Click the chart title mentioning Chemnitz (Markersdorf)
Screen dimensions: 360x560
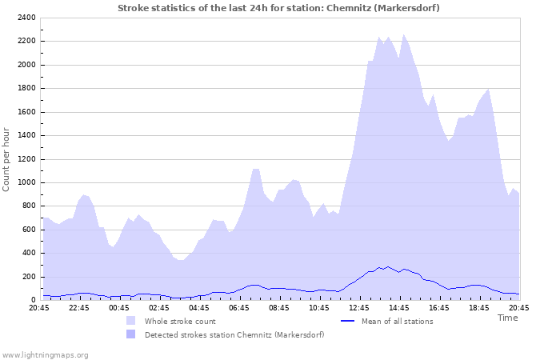pyautogui.click(x=278, y=7)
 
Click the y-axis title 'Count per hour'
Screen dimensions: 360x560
pyautogui.click(x=7, y=158)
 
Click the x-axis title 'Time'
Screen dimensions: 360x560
pyautogui.click(x=507, y=318)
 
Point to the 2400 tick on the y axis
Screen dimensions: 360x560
pyautogui.click(x=26, y=18)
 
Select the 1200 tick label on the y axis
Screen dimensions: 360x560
pyautogui.click(x=26, y=159)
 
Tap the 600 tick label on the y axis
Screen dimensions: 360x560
pyautogui.click(x=28, y=230)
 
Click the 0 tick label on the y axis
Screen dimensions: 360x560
pyautogui.click(x=33, y=300)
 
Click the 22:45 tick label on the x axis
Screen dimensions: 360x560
pyautogui.click(x=78, y=308)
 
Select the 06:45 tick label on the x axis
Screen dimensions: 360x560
pyautogui.click(x=238, y=308)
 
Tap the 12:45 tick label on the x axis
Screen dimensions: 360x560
pyautogui.click(x=358, y=308)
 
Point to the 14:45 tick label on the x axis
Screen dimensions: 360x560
pyautogui.click(x=398, y=308)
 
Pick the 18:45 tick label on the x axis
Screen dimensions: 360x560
pyautogui.click(x=478, y=308)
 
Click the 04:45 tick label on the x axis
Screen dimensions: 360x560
pyautogui.click(x=198, y=308)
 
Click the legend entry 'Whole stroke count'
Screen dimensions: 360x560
pyautogui.click(x=181, y=321)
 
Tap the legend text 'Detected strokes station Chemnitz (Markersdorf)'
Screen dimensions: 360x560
pyautogui.click(x=234, y=334)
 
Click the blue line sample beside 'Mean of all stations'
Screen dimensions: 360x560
pyautogui.click(x=347, y=321)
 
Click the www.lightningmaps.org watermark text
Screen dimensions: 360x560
pyautogui.click(x=45, y=354)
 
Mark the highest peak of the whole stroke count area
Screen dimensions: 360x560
pyautogui.click(x=403, y=34)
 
